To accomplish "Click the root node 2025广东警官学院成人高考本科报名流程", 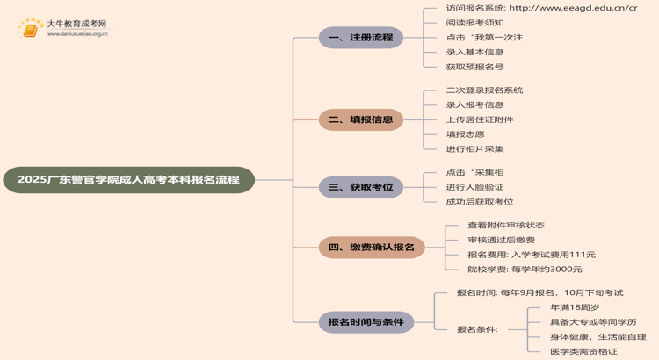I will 128,180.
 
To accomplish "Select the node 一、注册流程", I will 360,38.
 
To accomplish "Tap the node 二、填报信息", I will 360,119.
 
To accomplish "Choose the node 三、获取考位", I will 360,186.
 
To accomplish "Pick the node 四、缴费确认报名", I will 371,248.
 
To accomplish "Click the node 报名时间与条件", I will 366,322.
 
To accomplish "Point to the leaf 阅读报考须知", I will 474,23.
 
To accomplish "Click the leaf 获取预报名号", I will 474,67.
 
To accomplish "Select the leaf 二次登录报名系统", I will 484,90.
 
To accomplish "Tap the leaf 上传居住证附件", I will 480,119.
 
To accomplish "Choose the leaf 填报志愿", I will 465,134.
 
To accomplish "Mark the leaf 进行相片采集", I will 474,149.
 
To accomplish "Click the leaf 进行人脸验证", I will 474,187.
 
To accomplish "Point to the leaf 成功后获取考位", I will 480,202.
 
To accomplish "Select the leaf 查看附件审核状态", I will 506,226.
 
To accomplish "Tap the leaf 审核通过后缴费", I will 501,240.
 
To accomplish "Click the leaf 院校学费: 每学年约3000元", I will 525,270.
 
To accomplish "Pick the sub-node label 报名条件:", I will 477,329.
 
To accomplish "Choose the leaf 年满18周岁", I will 575,307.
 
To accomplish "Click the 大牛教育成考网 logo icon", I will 31,29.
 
